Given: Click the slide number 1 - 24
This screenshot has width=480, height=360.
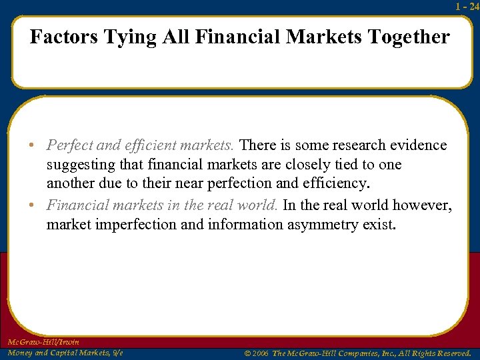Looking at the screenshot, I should pos(467,6).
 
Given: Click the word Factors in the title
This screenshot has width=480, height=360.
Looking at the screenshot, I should pos(63,37).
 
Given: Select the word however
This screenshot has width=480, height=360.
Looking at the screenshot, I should pos(421,205).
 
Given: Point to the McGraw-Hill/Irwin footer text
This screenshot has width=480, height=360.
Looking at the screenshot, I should pos(43,342).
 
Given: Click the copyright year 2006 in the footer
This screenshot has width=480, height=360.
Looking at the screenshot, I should pos(259,353).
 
